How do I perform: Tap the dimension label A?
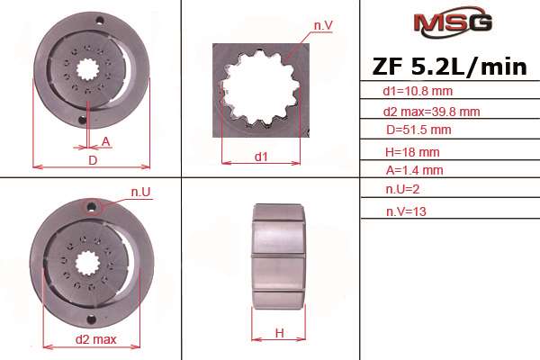pos(105,141)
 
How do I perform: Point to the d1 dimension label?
pos(261,157)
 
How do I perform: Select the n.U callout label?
pos(139,192)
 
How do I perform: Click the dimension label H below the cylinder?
pos(279,333)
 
